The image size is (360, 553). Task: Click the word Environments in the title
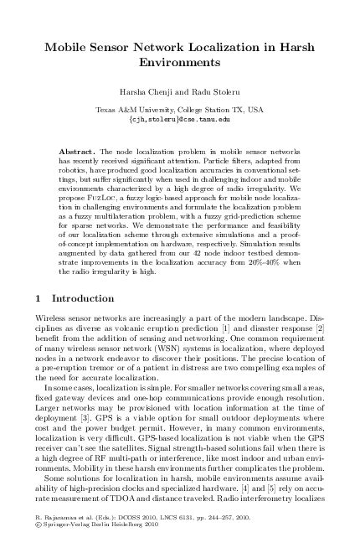(179, 62)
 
